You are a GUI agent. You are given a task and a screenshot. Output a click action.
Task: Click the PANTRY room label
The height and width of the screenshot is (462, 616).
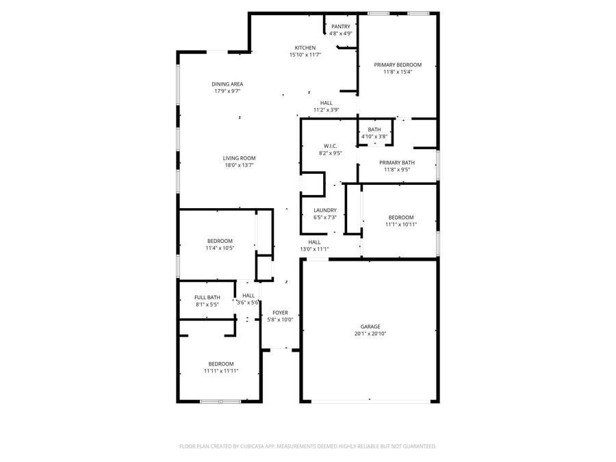click(x=340, y=27)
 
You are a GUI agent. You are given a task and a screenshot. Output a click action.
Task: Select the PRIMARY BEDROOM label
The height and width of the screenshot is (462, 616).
click(x=398, y=64)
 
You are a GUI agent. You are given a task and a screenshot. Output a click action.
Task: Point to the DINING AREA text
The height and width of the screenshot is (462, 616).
click(x=227, y=84)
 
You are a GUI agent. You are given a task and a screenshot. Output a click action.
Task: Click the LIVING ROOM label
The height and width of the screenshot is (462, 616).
click(x=239, y=158)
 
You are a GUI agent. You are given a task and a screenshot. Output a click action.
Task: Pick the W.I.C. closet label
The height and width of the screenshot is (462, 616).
click(x=331, y=146)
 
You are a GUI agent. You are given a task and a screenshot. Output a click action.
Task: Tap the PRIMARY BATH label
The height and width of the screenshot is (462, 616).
click(x=397, y=162)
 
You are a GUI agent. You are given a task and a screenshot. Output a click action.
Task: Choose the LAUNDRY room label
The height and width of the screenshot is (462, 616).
click(x=325, y=210)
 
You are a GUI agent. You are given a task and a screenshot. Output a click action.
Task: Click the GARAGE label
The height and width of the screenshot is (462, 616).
click(x=370, y=326)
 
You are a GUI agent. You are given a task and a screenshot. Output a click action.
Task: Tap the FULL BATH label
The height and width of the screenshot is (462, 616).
click(x=207, y=297)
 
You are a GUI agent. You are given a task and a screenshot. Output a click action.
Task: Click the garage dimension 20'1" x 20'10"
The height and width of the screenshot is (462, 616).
click(x=370, y=334)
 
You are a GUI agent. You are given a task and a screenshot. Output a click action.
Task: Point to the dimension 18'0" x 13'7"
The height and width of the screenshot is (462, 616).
click(x=239, y=165)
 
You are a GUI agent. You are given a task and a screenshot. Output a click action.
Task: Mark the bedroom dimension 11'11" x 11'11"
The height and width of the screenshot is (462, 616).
click(x=221, y=371)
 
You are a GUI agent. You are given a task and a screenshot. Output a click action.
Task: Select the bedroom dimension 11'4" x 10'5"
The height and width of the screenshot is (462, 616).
click(x=220, y=248)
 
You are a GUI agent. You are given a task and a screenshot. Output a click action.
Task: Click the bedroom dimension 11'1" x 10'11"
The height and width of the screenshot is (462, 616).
click(x=400, y=224)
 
